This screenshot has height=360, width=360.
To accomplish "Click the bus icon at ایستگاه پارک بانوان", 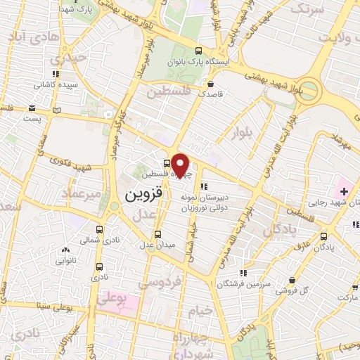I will (x=199, y=51).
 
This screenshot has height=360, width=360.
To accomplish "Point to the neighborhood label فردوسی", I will (x=155, y=282).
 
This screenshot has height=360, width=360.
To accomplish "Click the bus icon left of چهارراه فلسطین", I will (x=167, y=163).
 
